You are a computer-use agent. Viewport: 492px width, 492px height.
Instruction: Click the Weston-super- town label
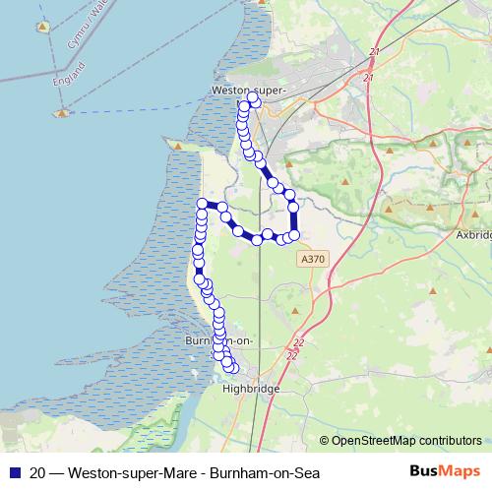coord(248,91)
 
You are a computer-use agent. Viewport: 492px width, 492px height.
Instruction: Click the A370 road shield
coord(311,258)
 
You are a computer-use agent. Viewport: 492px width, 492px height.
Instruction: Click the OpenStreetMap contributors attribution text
coord(406,440)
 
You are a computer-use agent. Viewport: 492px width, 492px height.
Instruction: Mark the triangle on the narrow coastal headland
coord(177,146)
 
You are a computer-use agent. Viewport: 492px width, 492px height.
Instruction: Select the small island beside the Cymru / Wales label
coord(43,27)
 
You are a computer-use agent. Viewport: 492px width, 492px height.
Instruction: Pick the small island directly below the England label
coord(62,112)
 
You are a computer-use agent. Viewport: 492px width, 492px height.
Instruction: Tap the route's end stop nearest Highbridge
coord(233,368)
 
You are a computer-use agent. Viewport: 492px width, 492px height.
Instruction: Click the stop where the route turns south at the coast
coord(203,204)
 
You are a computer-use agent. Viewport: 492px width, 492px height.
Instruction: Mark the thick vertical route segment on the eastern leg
coord(293,220)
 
